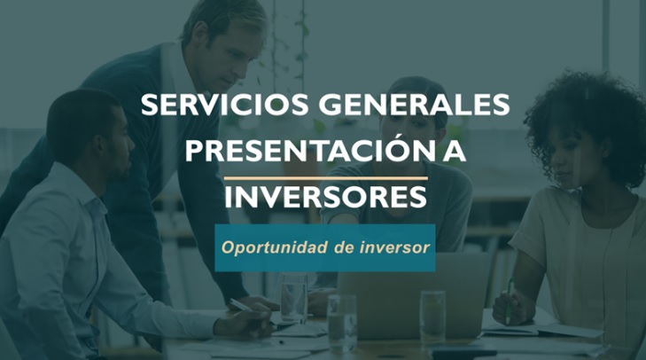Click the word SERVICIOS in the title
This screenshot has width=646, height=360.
click(x=224, y=105)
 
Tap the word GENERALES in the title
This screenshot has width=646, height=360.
click(x=414, y=105)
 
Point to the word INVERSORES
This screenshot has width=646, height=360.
click(x=325, y=197)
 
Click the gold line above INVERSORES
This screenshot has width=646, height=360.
click(x=325, y=178)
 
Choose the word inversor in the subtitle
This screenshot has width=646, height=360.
click(x=394, y=247)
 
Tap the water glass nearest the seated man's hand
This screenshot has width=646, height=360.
click(x=293, y=298)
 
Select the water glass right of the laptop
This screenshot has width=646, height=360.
click(x=432, y=317)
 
